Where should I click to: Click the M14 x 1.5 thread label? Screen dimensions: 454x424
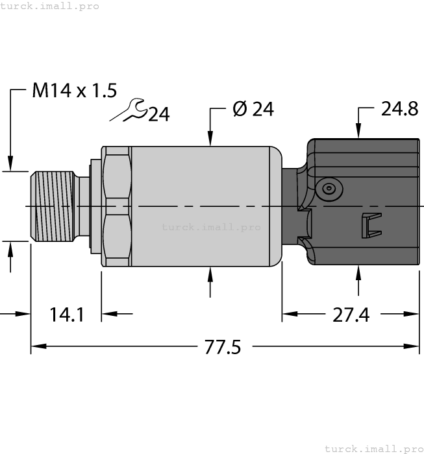pyautogui.click(x=74, y=91)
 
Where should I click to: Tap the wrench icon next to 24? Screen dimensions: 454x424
pyautogui.click(x=128, y=110)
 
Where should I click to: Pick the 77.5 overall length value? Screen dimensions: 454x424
pyautogui.click(x=223, y=348)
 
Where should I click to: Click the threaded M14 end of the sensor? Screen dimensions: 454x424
pyautogui.click(x=52, y=206)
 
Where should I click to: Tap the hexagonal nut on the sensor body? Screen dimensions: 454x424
pyautogui.click(x=116, y=206)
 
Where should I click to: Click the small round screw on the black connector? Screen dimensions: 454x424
pyautogui.click(x=329, y=189)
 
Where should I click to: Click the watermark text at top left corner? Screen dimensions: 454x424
pyautogui.click(x=50, y=6)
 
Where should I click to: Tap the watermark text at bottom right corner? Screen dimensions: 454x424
pyautogui.click(x=373, y=448)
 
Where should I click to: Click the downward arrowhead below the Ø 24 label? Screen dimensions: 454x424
pyautogui.click(x=210, y=139)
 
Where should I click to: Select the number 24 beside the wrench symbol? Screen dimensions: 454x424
pyautogui.click(x=158, y=115)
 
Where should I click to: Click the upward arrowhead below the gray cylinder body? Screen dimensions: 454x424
pyautogui.click(x=210, y=273)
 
